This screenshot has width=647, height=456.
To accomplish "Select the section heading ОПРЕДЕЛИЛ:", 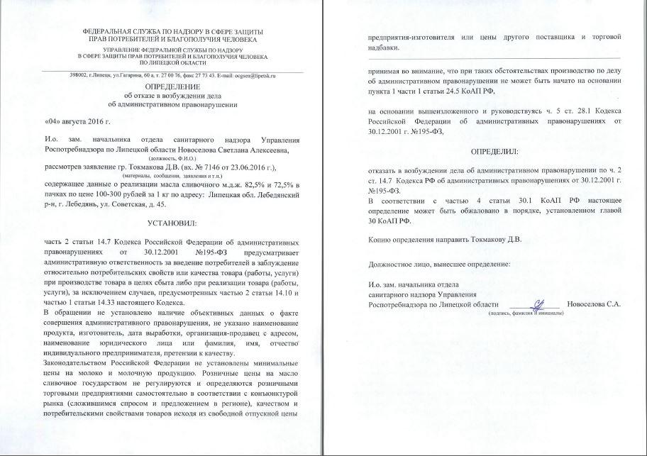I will (494, 151).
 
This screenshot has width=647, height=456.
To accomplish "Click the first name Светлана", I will (226, 150).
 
